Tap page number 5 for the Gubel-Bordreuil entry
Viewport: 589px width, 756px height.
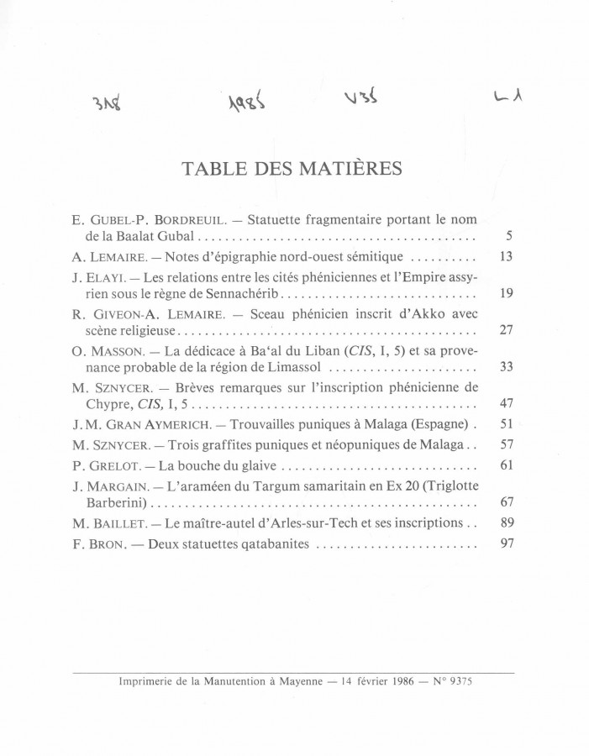[x=508, y=236]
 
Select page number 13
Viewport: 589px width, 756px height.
[x=506, y=257]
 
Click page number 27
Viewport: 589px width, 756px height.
[x=506, y=330]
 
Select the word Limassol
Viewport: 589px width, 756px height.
[x=305, y=367]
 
